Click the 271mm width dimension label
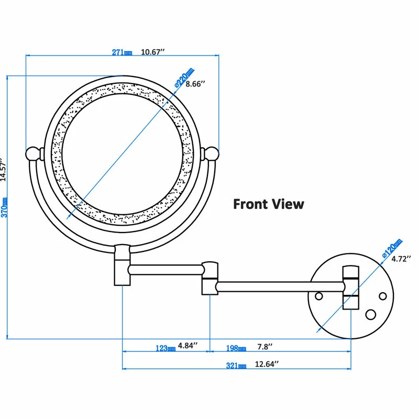(x=123, y=52)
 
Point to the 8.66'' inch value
(x=195, y=84)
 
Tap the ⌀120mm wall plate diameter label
(x=392, y=249)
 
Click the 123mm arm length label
(x=166, y=348)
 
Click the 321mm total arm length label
(x=236, y=365)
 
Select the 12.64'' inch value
(x=267, y=364)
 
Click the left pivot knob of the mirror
(x=34, y=153)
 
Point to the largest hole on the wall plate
(x=371, y=314)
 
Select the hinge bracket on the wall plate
(x=350, y=288)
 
